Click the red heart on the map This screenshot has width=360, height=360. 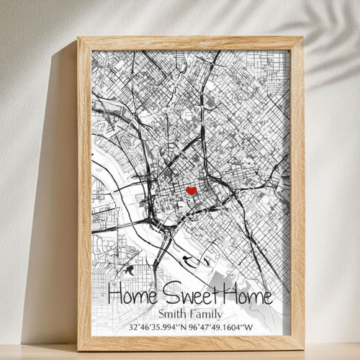click(x=191, y=191)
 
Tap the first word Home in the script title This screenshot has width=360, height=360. click(x=133, y=295)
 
